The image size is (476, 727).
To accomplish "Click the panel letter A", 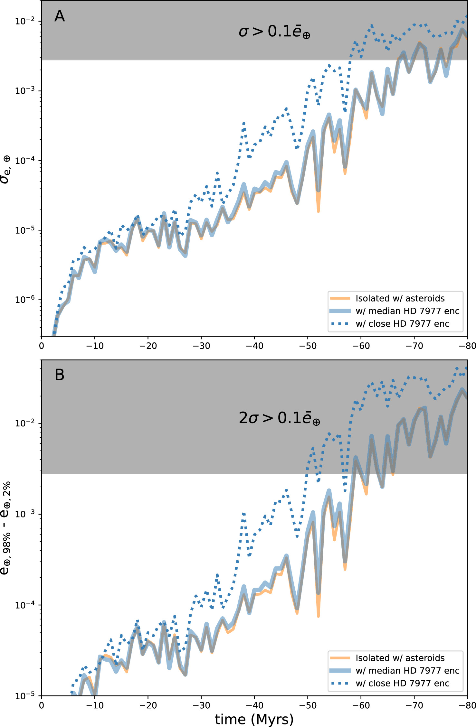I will tap(60, 16).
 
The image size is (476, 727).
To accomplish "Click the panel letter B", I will tap(60, 375).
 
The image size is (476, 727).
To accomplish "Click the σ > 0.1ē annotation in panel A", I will tap(274, 32).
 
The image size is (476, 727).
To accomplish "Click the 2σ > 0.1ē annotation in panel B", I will tap(279, 418).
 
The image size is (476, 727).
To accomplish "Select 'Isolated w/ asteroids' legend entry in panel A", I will tap(400, 298).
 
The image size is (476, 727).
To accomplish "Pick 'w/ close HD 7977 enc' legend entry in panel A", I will tap(402, 323).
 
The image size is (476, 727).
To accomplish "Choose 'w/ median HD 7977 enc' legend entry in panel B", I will tap(407, 670).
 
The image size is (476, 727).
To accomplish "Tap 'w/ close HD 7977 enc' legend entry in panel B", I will tap(402, 683).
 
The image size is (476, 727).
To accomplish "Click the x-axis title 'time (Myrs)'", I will tap(254, 719).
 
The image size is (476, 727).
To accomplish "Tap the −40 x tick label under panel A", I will tap(254, 346).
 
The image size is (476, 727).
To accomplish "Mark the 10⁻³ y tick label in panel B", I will tap(24, 514).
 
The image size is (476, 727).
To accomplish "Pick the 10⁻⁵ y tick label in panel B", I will tap(24, 696).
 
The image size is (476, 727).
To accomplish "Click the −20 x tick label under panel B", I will tap(148, 705).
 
